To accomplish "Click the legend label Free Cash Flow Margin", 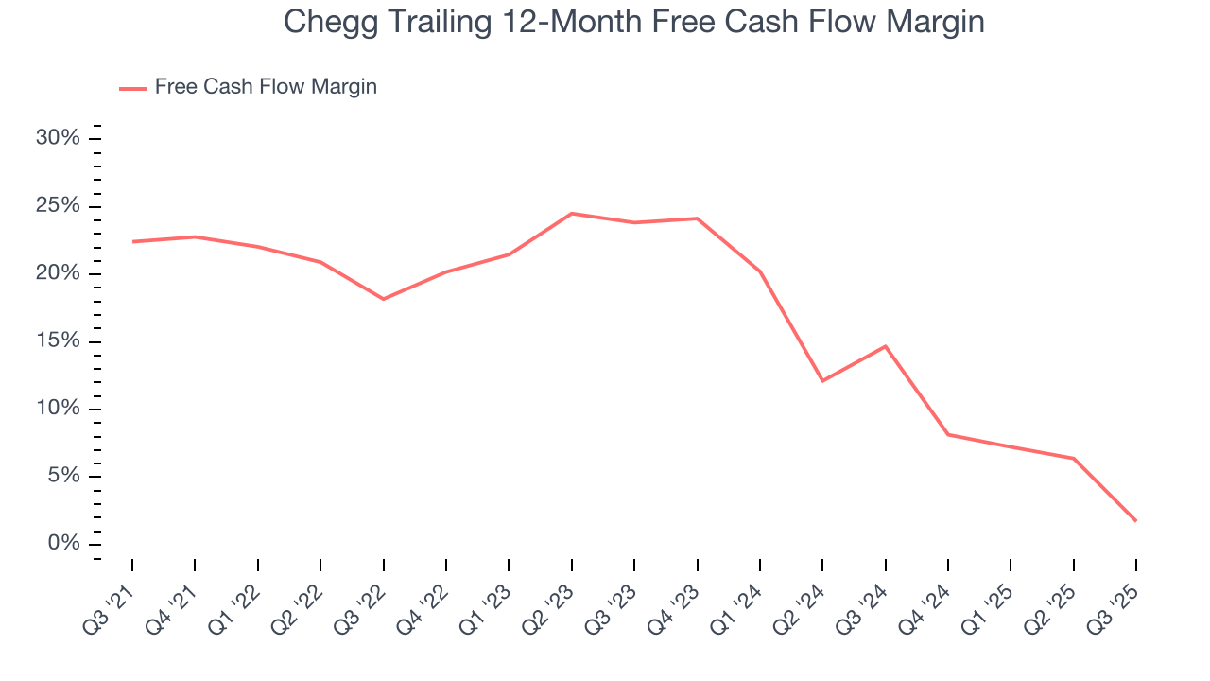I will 266,87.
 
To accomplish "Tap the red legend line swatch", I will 133,88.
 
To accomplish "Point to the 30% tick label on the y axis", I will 58,138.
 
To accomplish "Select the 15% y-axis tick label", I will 58,341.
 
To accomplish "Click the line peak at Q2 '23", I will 572,214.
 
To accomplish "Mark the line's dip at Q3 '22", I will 384,299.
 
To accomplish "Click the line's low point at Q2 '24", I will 822,381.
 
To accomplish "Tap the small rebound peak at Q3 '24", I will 886,346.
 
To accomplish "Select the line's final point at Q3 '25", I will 1135,521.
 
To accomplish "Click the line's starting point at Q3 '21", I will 132,241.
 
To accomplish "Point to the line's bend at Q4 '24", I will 948,434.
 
